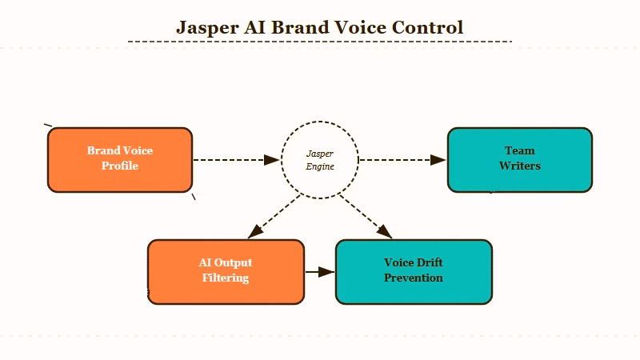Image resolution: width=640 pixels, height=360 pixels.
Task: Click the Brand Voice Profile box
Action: [x=120, y=159]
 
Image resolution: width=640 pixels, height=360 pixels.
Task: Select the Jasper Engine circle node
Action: [x=320, y=160]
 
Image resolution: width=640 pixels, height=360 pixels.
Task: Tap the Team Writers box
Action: [x=519, y=159]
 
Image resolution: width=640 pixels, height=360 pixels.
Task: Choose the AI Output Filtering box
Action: [x=226, y=271]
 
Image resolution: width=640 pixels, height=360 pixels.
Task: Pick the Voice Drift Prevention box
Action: [x=414, y=271]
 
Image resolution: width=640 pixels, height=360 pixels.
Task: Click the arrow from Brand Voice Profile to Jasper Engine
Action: [x=236, y=160]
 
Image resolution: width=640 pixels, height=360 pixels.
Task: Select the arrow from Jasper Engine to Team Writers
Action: [x=402, y=160]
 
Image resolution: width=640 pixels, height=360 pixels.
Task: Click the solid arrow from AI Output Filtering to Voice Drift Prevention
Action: [x=319, y=272]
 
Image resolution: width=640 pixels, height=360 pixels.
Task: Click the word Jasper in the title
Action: [x=206, y=27]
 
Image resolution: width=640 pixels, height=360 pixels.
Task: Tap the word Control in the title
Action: [x=427, y=27]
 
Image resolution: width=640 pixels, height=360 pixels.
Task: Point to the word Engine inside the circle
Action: [x=320, y=166]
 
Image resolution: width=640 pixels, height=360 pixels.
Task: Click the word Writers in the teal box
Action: [x=519, y=166]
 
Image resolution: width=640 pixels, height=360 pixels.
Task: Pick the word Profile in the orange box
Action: [x=120, y=166]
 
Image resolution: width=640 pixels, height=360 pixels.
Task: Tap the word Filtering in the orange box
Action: [x=226, y=278]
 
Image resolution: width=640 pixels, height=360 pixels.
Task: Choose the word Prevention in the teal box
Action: [x=414, y=278]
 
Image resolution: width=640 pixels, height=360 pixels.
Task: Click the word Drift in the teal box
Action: [x=430, y=263]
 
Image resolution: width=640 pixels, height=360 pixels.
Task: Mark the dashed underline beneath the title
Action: [x=320, y=42]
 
